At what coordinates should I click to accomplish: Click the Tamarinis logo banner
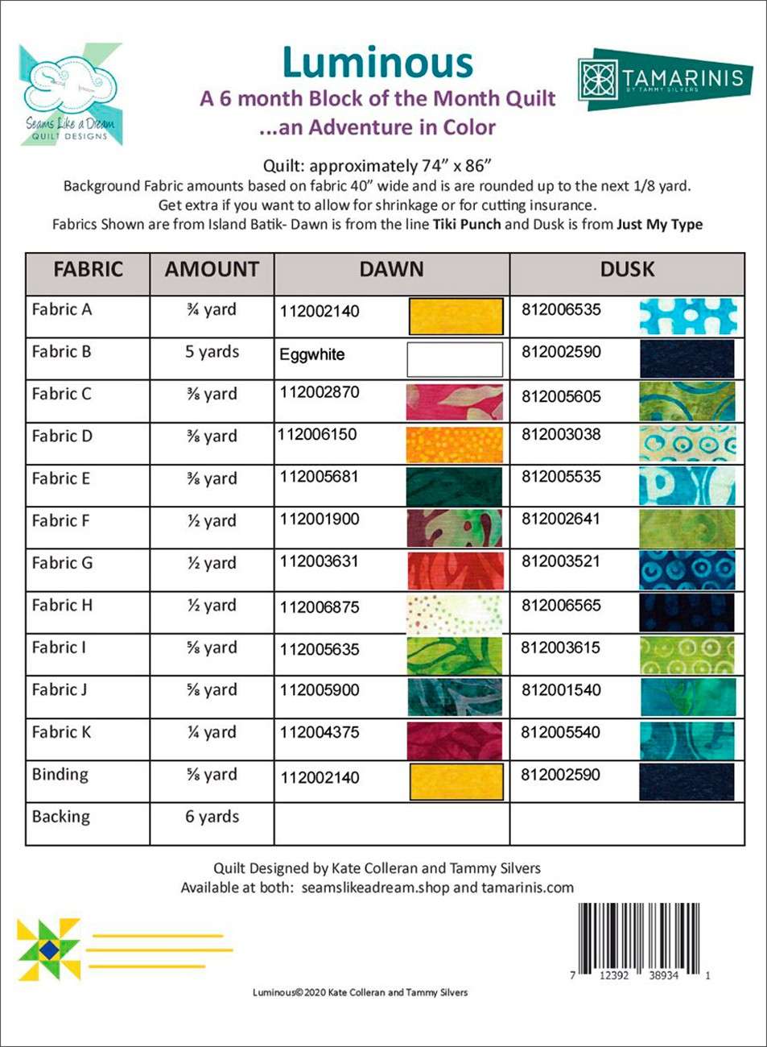pos(665,79)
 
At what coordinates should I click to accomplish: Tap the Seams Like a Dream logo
pos(71,95)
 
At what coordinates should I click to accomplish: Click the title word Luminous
pos(377,63)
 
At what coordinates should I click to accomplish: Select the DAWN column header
pos(391,270)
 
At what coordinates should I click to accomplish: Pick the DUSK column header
pos(627,270)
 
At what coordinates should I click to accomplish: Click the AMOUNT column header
pos(212,270)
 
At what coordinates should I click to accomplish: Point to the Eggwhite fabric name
pos(312,354)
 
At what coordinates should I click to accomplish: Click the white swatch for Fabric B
pos(455,359)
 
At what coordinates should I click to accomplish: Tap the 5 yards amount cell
pos(212,352)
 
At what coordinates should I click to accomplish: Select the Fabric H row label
pos(62,606)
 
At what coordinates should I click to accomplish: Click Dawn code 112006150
pos(317,435)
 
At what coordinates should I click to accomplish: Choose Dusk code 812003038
pos(561,435)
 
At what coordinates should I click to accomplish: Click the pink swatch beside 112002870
pos(455,401)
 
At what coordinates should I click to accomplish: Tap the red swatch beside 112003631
pos(455,570)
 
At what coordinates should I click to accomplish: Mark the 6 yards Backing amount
pos(212,817)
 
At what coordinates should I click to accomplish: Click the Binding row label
pos(60,775)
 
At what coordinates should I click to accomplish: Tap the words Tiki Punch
pos(467,225)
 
